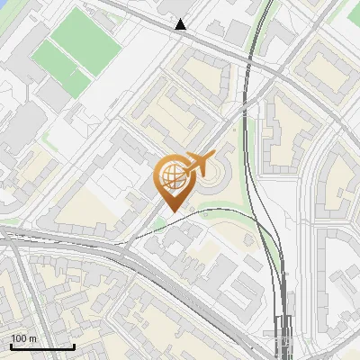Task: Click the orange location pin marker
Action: pyautogui.click(x=171, y=181)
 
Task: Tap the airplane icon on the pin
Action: pyautogui.click(x=197, y=164)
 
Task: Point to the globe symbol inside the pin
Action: pyautogui.click(x=169, y=177)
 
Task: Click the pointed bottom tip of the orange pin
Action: pyautogui.click(x=171, y=211)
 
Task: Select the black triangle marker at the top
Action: pyautogui.click(x=182, y=24)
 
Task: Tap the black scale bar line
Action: pyautogui.click(x=42, y=346)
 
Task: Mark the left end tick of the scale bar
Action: pyautogui.click(x=12, y=345)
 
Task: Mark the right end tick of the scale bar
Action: pyautogui.click(x=74, y=345)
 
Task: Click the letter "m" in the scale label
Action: pyautogui.click(x=32, y=338)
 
